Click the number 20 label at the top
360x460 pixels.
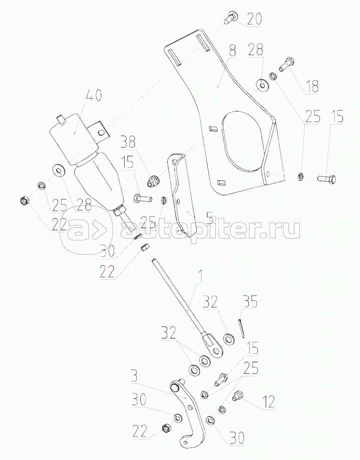coord(254,19)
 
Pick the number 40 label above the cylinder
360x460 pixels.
coord(94,95)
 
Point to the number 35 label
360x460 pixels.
coord(250,303)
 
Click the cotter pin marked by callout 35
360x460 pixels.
coord(242,328)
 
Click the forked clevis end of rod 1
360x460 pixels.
coord(213,345)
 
